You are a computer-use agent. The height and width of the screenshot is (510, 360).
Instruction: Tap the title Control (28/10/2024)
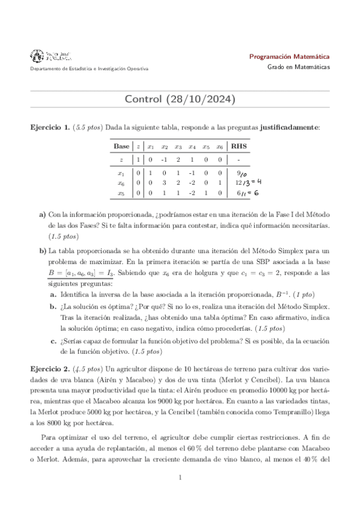click(x=180, y=99)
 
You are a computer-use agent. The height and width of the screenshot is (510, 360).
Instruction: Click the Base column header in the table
click(x=121, y=146)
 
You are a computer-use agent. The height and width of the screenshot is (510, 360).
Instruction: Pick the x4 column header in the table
click(x=192, y=146)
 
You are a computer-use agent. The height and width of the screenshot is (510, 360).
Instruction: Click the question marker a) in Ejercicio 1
click(x=42, y=214)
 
